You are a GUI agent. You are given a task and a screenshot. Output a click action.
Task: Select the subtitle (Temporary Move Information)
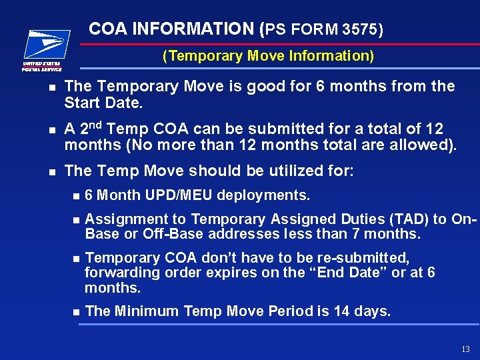(268, 56)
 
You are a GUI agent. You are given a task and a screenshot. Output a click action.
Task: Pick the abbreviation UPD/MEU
(182, 196)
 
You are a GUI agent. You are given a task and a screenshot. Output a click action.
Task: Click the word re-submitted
(362, 258)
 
